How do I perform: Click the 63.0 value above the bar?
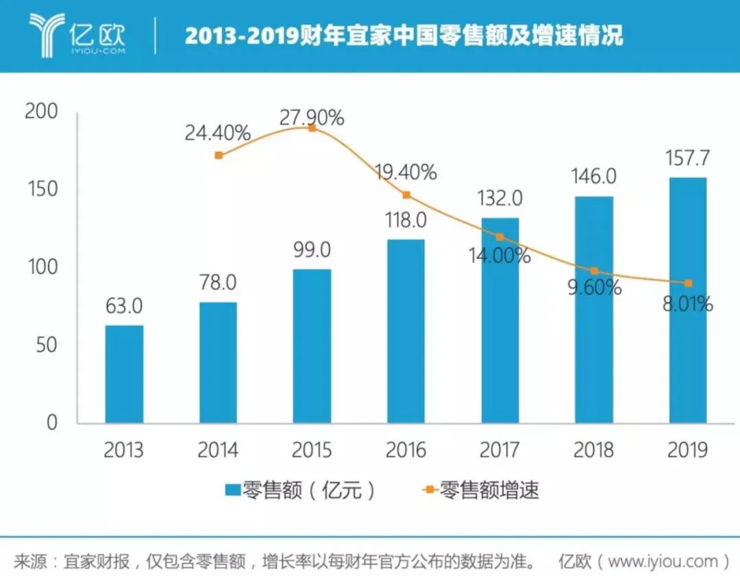point(124,306)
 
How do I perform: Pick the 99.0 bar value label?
point(312,250)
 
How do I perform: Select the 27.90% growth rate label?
point(312,118)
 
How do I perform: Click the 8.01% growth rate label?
point(687,303)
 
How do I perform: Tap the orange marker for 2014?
point(219,155)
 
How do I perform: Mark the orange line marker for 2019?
point(688,283)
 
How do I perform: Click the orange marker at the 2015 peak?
point(312,128)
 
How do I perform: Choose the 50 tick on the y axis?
point(48,345)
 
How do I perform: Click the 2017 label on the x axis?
point(500,450)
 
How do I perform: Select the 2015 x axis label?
point(312,450)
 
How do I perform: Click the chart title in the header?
point(404,36)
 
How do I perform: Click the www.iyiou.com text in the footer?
point(662,562)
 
